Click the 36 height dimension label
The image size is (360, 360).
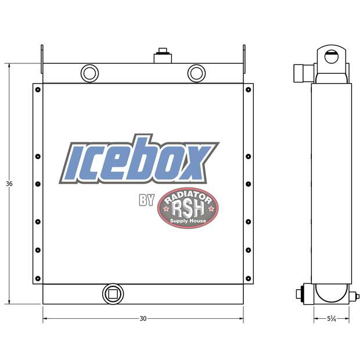click(x=9, y=183)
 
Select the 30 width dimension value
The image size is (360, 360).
click(x=143, y=318)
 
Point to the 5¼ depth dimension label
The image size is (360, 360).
click(x=332, y=318)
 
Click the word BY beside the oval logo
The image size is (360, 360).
click(x=146, y=201)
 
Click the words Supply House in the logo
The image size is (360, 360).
click(x=188, y=221)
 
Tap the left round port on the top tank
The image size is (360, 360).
click(x=90, y=73)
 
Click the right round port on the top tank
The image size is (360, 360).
click(x=196, y=73)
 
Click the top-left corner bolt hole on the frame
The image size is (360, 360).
click(x=38, y=89)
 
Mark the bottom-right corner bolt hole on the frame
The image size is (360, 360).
click(x=249, y=278)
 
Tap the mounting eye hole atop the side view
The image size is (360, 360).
click(x=332, y=57)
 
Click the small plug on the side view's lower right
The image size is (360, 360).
click(x=356, y=296)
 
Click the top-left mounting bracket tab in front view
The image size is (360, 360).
click(x=42, y=59)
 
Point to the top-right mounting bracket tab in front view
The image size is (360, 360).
click(x=244, y=59)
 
